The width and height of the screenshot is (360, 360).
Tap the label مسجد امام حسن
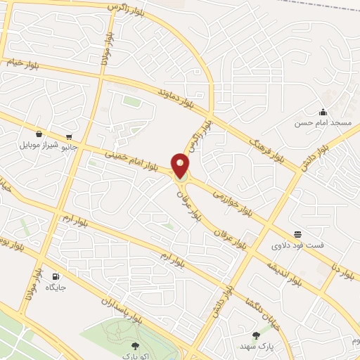tap(323, 122)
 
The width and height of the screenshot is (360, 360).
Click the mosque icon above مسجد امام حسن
tap(323, 112)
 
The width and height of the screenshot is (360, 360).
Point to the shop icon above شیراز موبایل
tap(39, 134)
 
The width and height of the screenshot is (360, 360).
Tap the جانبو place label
tap(69, 148)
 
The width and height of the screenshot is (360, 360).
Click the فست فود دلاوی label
tap(298, 245)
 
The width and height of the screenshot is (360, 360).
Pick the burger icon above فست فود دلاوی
tap(298, 234)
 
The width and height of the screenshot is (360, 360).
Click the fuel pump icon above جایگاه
tap(55, 276)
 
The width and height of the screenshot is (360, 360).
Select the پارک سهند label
tap(255, 347)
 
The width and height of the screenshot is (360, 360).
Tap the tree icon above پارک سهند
tap(255, 335)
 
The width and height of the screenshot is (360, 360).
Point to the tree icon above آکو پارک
tap(135, 345)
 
